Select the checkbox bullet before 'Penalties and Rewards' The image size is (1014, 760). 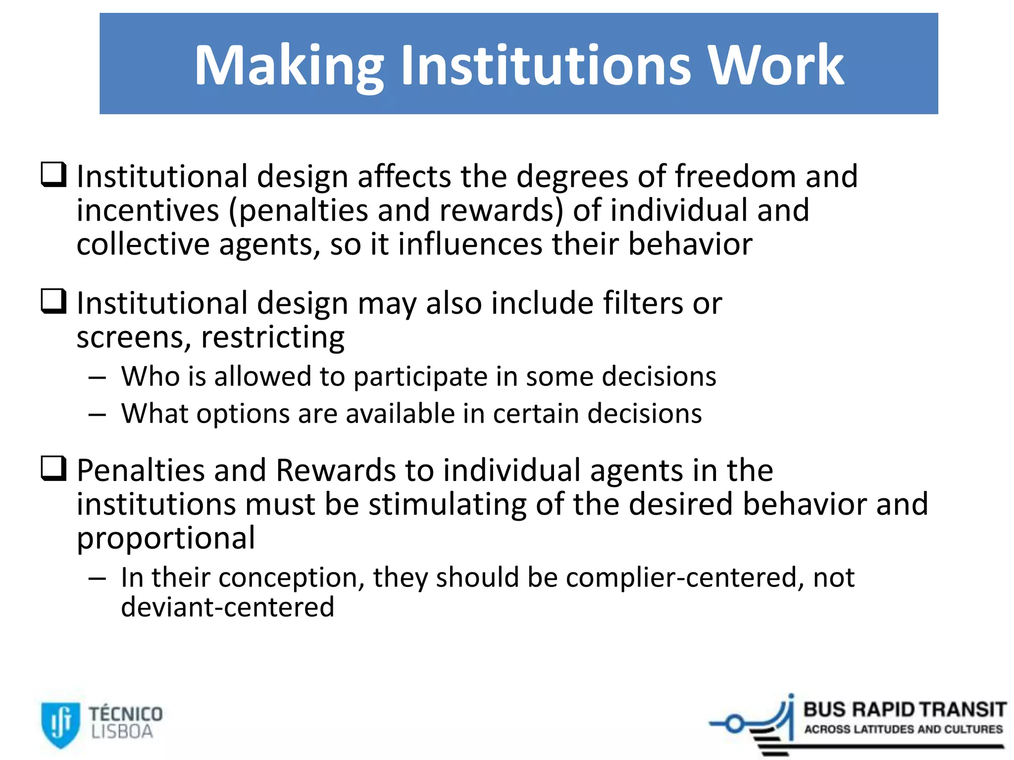click(53, 468)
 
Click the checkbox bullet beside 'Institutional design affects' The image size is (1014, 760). click(53, 175)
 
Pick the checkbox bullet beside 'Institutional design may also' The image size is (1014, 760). click(53, 301)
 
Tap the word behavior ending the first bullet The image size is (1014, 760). click(690, 244)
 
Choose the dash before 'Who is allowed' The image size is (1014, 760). click(97, 378)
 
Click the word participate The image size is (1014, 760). click(420, 377)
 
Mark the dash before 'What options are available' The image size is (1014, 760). click(97, 415)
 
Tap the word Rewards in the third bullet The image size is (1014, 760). click(336, 470)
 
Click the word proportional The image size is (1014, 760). click(166, 539)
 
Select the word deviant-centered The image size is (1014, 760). click(228, 607)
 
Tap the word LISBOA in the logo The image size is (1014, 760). click(122, 732)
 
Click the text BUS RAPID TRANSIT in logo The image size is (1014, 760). click(905, 710)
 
